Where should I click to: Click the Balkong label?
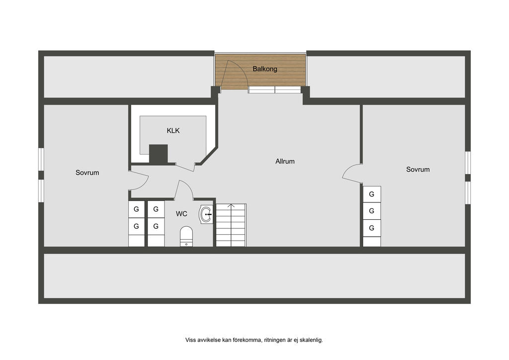coord(264,69)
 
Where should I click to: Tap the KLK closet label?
coord(173,131)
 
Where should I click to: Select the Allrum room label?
coord(285,161)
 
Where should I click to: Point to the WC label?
coord(182,214)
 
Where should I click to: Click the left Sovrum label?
coord(87,173)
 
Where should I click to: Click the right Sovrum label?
coord(418,170)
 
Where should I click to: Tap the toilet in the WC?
coord(186,236)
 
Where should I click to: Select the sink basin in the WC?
coord(206,214)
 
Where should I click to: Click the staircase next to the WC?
coord(231,225)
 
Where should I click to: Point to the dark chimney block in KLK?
coord(159,154)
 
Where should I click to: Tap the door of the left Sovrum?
coord(139,180)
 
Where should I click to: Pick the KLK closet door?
coord(185,166)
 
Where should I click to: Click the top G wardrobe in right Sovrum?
coord(371,194)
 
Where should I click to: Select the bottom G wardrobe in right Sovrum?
coord(371,228)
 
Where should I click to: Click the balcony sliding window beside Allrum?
coord(274,90)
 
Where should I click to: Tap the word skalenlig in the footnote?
coord(310,340)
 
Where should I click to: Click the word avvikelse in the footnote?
coord(210,340)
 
